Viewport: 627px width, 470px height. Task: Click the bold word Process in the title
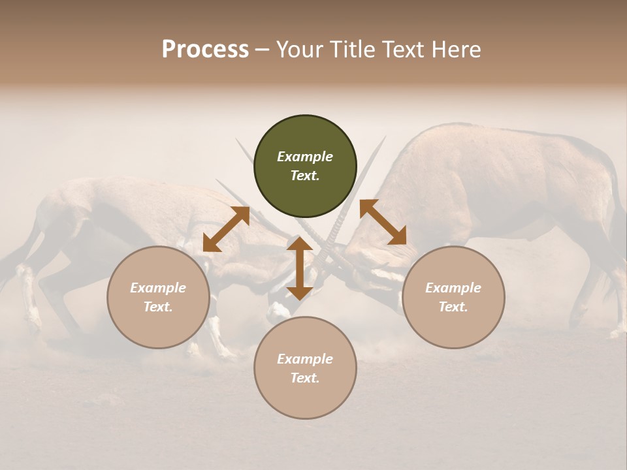point(205,50)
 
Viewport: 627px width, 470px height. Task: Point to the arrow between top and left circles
point(226,229)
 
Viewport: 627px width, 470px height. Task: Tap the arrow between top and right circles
point(383,222)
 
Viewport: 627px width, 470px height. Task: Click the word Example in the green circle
point(305,157)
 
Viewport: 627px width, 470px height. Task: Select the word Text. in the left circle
point(158,307)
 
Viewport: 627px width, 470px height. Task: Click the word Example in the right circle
point(453,288)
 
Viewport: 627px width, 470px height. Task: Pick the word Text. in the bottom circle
point(305,378)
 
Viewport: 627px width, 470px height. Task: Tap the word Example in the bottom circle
point(305,359)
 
